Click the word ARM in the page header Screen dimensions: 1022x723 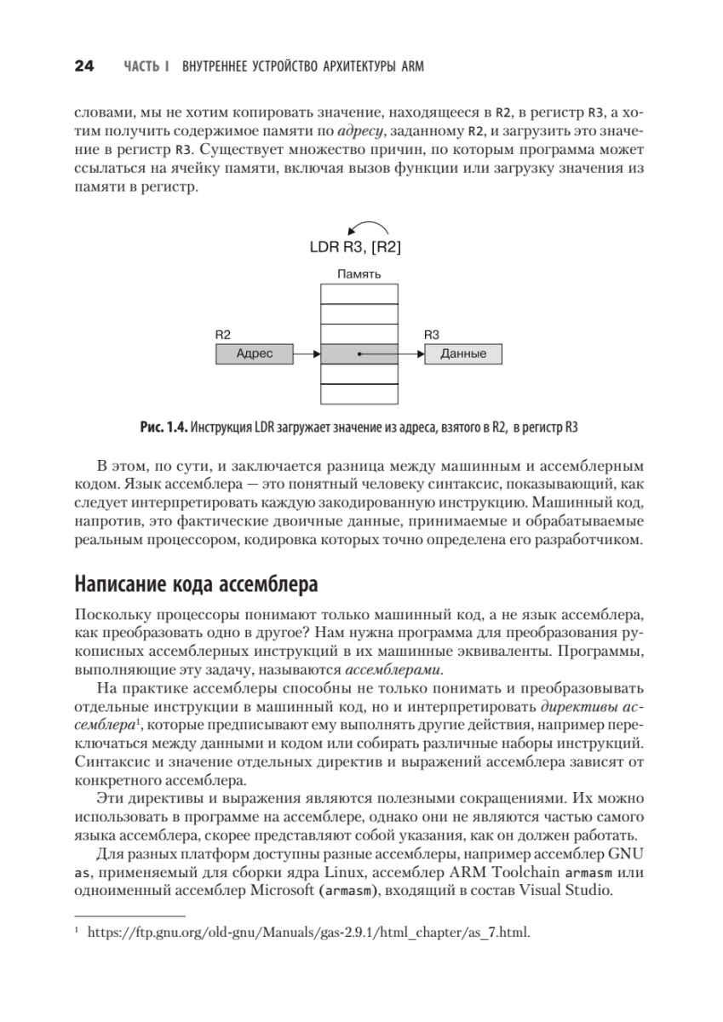pyautogui.click(x=411, y=66)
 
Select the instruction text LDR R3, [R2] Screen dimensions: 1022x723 pyautogui.click(x=358, y=249)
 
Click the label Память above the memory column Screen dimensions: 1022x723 pyautogui.click(x=359, y=274)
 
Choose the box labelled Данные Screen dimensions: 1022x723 pyautogui.click(x=463, y=353)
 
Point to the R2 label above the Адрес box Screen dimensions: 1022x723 pyautogui.click(x=223, y=336)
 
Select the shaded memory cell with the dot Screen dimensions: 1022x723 pyautogui.click(x=359, y=353)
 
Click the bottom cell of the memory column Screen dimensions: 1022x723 pyautogui.click(x=359, y=393)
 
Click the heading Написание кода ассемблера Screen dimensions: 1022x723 pyautogui.click(x=197, y=586)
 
